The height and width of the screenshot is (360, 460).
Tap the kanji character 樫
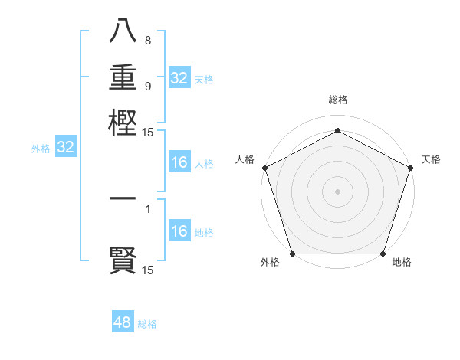pyautogui.click(x=123, y=123)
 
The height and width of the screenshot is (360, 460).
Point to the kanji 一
pyautogui.click(x=123, y=199)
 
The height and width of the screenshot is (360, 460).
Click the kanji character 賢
pyautogui.click(x=123, y=260)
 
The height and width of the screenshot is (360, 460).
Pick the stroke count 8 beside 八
pyautogui.click(x=148, y=41)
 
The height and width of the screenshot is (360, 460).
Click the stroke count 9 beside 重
pyautogui.click(x=148, y=86)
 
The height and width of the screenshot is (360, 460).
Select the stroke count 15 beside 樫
pyautogui.click(x=148, y=133)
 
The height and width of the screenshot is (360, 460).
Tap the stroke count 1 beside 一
pyautogui.click(x=148, y=208)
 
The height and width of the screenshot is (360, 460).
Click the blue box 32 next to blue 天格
pyautogui.click(x=179, y=78)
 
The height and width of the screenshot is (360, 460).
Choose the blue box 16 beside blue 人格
pyautogui.click(x=179, y=162)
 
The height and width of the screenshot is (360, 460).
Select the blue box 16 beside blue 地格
pyautogui.click(x=179, y=231)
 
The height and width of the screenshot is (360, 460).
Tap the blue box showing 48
pyautogui.click(x=123, y=322)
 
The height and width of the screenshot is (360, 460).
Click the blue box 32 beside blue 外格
pyautogui.click(x=66, y=148)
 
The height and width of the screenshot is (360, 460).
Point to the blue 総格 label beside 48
pyautogui.click(x=147, y=324)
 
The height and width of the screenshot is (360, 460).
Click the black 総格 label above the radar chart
pyautogui.click(x=337, y=100)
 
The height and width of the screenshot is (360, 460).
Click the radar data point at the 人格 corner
pyautogui.click(x=264, y=168)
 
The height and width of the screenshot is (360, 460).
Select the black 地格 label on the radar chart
pyautogui.click(x=402, y=263)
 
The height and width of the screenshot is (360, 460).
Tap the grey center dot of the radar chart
pyautogui.click(x=337, y=191)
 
